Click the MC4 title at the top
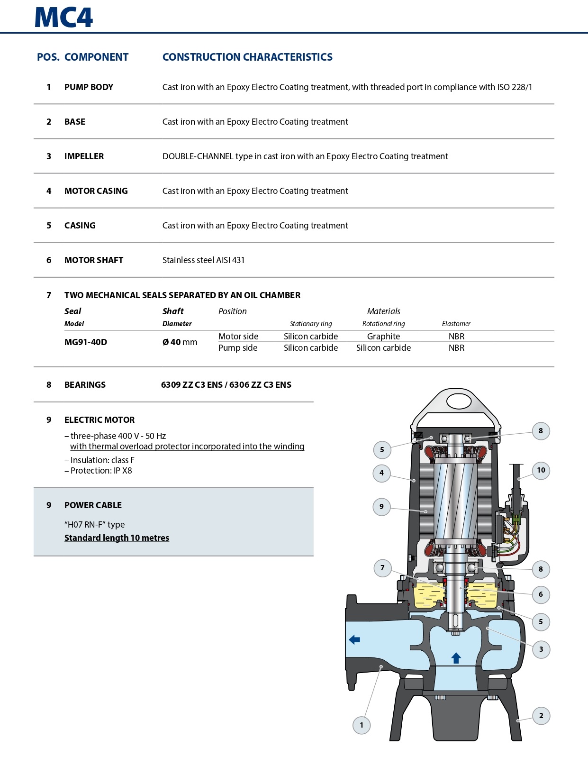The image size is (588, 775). tap(63, 18)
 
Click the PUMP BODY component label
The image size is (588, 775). tap(89, 87)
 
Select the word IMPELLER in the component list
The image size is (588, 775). tap(84, 156)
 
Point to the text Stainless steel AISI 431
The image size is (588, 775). tap(203, 260)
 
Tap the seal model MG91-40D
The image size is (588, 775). tap(86, 342)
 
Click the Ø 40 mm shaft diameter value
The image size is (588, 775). tap(180, 342)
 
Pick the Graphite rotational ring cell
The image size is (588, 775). tap(383, 337)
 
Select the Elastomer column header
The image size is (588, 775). tap(456, 324)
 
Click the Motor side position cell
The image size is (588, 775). tap(238, 337)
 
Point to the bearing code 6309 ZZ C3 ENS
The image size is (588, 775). tap(191, 385)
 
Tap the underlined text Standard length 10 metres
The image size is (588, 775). tap(117, 538)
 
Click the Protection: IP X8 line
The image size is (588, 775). tap(101, 471)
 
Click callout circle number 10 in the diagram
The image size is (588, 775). tap(541, 470)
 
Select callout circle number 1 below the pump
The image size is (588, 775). tap(362, 725)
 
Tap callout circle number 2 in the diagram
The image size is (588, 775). tap(541, 716)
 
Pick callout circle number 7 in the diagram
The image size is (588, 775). tap(382, 568)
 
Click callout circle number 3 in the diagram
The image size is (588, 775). tap(541, 649)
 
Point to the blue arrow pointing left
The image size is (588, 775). tap(354, 640)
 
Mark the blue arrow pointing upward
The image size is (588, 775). tap(456, 658)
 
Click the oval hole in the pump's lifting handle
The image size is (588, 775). tap(459, 401)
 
